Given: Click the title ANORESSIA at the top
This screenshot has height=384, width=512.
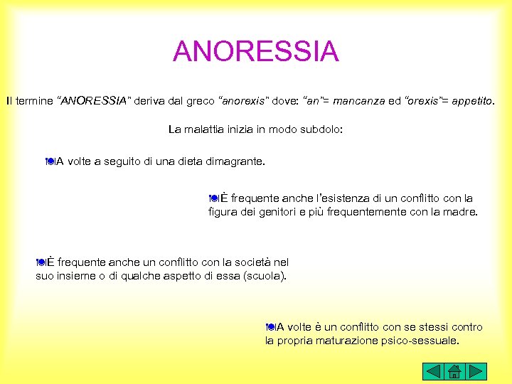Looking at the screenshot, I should (x=256, y=51).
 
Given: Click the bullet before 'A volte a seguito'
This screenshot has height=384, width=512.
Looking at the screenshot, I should (x=49, y=161).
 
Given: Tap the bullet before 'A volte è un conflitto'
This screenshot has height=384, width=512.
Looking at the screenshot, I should (x=270, y=327).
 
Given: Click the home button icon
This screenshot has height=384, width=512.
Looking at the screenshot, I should (x=455, y=370).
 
